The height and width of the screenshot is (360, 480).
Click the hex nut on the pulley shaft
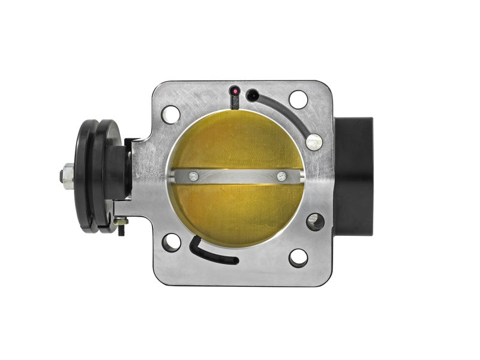[x=64, y=176]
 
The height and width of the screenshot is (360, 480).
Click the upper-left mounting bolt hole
[x=170, y=113]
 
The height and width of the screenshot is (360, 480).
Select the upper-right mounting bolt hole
[x=298, y=100]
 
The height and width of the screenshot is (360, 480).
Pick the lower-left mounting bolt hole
[x=172, y=242]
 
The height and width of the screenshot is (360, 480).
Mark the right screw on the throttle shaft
[x=281, y=176]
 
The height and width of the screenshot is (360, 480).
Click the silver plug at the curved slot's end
[x=314, y=142]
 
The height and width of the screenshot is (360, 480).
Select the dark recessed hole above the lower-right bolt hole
[x=314, y=222]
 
